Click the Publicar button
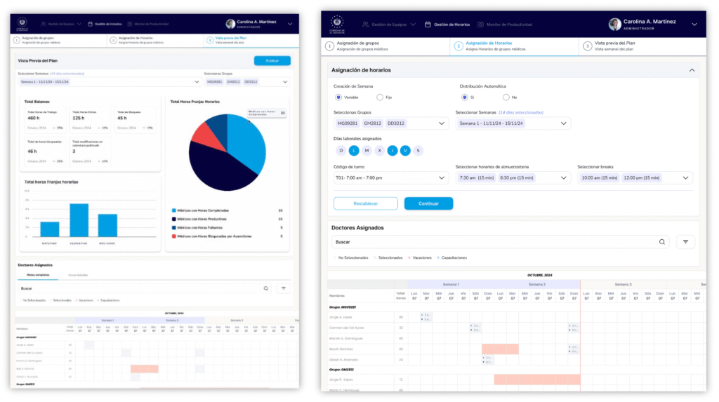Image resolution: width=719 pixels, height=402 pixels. [272, 61]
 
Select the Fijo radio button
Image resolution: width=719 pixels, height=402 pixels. [380, 97]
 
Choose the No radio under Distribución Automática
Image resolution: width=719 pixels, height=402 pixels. [506, 97]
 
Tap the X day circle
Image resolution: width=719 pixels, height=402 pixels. [379, 150]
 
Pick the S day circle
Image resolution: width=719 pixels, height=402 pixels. [418, 150]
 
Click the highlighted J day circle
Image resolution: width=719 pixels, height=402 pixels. [393, 150]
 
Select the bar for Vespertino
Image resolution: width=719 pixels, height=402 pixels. [79, 220]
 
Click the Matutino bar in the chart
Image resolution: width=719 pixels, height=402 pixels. [50, 229]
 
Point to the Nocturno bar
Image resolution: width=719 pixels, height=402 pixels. [107, 225]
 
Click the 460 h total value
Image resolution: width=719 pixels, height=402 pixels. [33, 118]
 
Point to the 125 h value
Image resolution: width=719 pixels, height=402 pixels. [78, 118]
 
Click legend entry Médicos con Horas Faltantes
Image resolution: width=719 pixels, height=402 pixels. [201, 227]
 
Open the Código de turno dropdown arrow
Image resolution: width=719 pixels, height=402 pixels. [442, 177]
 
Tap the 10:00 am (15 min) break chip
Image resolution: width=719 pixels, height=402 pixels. [599, 177]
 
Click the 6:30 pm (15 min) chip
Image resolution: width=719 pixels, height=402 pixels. [515, 177]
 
